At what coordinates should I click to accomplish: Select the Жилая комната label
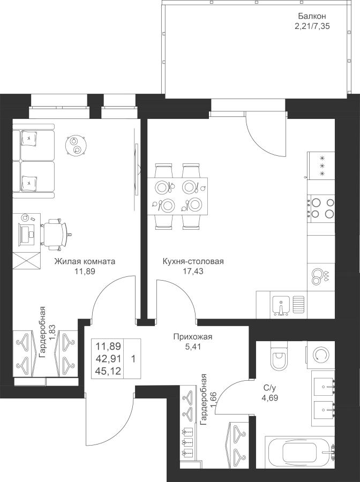tap(85, 262)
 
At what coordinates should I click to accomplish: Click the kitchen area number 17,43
tap(193, 271)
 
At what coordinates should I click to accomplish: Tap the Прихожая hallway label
tap(193, 337)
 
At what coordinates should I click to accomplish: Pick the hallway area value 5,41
tap(193, 346)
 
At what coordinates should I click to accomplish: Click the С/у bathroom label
tap(269, 388)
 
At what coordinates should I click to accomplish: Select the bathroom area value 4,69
tap(269, 397)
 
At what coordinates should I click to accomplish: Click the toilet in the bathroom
tap(280, 357)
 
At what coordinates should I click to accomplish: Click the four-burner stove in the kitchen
tap(320, 208)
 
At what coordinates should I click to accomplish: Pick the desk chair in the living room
tap(55, 233)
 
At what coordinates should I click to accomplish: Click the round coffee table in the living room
tap(75, 144)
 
